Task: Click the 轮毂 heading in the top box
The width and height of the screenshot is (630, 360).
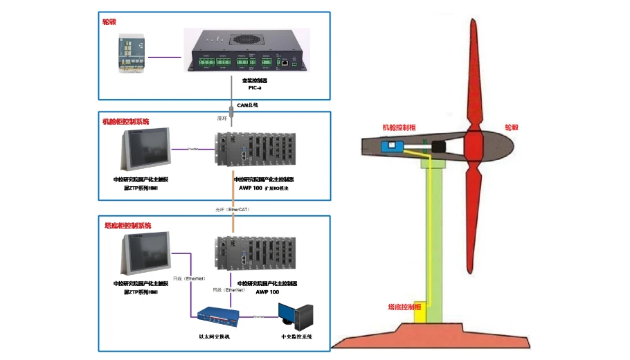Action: point(109,22)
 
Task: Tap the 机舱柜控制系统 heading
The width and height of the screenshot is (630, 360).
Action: point(126,121)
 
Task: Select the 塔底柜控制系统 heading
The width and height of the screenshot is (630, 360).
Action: point(127,226)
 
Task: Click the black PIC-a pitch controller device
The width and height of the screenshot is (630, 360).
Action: point(246,50)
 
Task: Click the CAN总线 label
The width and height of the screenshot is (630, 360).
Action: point(247,105)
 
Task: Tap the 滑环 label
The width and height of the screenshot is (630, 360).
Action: point(222,118)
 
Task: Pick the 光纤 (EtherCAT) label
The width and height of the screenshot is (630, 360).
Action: point(233,209)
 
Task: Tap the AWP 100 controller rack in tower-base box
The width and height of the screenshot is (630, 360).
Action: point(255,254)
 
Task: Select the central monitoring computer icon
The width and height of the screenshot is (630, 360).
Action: point(296,316)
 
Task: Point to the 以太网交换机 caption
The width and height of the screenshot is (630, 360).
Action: point(214,336)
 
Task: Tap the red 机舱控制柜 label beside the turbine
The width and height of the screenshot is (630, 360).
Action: point(399,127)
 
